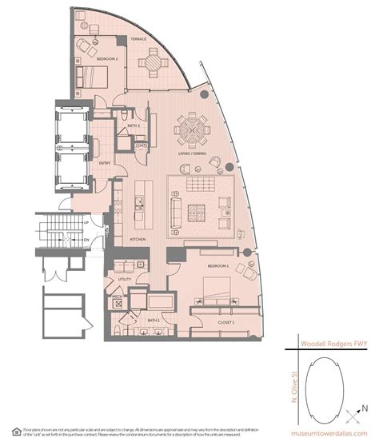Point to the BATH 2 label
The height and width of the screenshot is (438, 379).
coord(134,125)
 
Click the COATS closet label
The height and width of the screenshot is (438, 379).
coord(141,145)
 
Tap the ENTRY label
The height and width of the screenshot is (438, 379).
coord(105,163)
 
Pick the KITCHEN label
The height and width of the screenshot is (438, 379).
coord(137,238)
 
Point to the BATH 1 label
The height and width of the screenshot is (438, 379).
coord(154,320)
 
